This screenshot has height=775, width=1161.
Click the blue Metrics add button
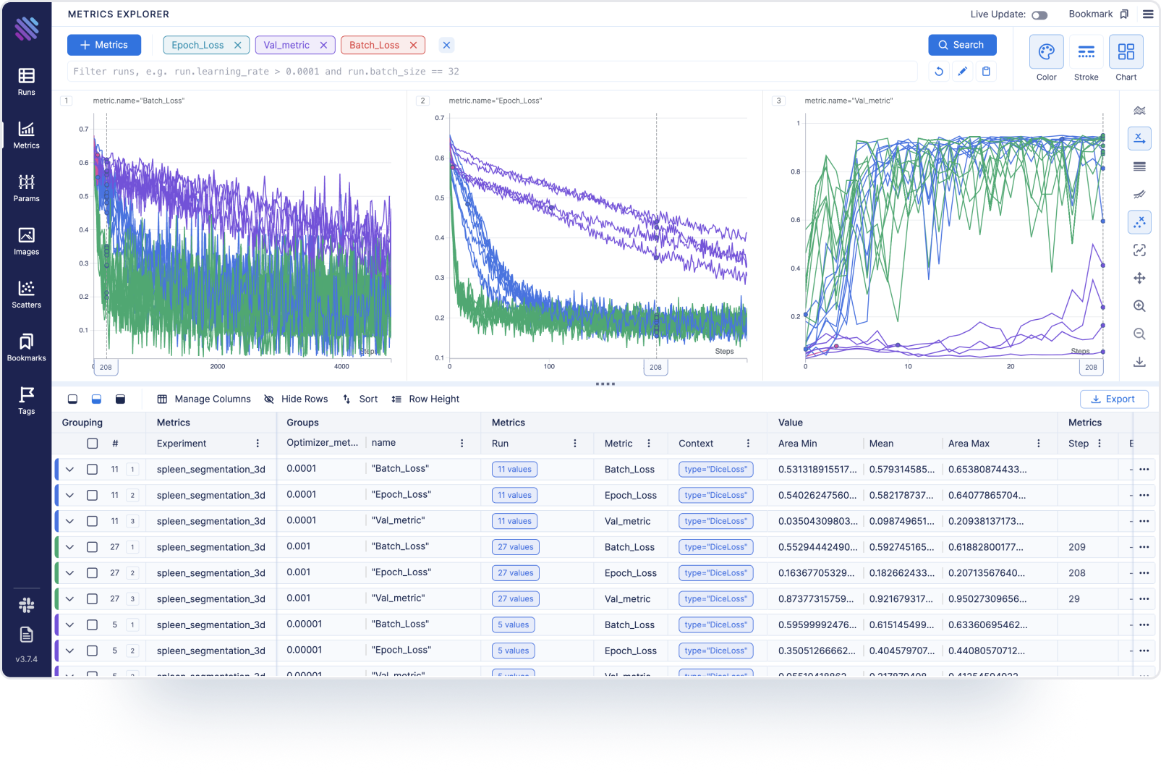(104, 45)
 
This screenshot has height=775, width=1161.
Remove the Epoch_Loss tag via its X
(237, 45)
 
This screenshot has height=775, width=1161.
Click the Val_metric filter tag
(286, 45)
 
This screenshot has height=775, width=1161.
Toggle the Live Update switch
(1039, 15)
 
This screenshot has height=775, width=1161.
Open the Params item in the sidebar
(27, 187)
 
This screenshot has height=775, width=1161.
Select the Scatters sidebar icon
(27, 294)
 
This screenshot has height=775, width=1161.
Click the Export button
(1113, 399)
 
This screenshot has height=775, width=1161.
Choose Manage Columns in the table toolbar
(204, 399)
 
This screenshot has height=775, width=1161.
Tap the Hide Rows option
(297, 399)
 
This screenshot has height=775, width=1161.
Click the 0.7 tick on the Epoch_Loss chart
(440, 118)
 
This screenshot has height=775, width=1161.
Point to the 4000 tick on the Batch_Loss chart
(341, 367)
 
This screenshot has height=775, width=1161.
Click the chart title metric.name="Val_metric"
(849, 101)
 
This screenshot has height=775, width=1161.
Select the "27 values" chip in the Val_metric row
(515, 599)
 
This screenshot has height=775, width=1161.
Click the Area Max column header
(969, 444)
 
